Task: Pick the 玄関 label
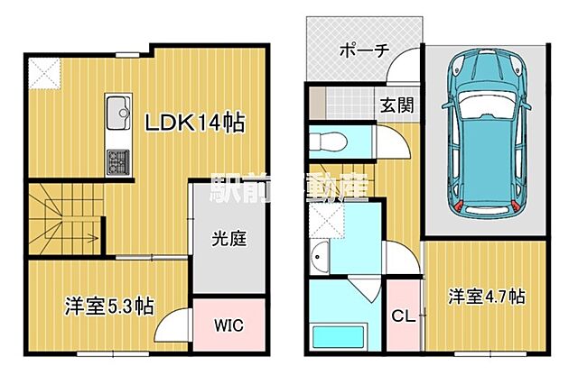point(398,104)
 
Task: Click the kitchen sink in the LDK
point(118,114)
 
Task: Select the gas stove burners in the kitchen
point(118,162)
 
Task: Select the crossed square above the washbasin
point(322,215)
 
